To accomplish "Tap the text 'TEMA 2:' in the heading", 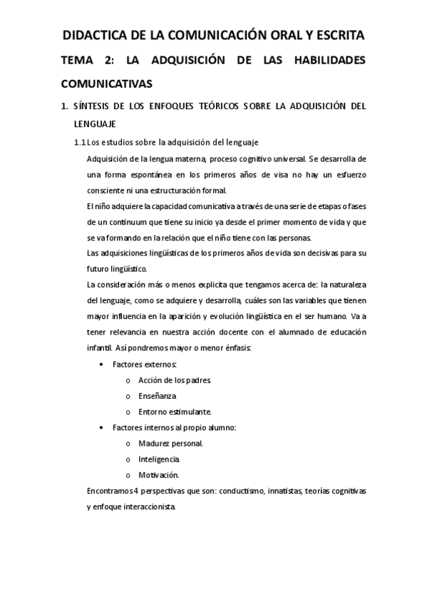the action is pyautogui.click(x=87, y=61).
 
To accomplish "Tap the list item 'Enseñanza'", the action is pyautogui.click(x=157, y=396).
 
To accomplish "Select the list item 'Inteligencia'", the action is pyautogui.click(x=159, y=459).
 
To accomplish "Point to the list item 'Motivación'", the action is pyautogui.click(x=158, y=474).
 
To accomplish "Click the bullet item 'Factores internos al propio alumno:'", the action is pyautogui.click(x=174, y=427).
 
